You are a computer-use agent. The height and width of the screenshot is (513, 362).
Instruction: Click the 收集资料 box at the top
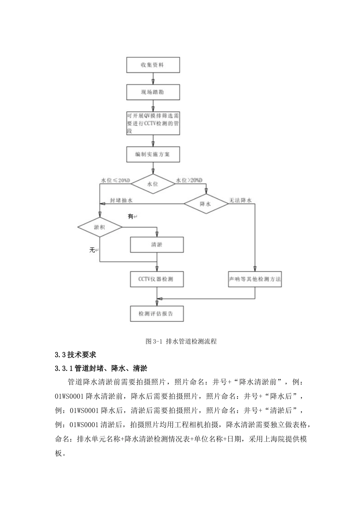coord(153,65)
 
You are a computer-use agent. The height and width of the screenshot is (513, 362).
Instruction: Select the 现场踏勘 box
coord(153,92)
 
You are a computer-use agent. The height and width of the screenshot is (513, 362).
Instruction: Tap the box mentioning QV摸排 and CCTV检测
coord(153,123)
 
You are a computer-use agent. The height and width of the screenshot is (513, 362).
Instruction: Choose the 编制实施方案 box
coord(153,155)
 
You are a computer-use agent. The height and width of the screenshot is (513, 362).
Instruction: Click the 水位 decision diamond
coord(153,184)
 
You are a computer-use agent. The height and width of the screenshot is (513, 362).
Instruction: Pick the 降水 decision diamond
coord(206,204)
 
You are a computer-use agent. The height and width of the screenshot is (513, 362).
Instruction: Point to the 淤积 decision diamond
coord(99,227)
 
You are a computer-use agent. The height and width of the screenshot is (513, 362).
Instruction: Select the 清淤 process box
coord(157,245)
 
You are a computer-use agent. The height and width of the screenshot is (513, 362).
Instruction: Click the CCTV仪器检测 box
coord(157,279)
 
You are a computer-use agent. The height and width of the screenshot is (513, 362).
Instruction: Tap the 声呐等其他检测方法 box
coord(255,279)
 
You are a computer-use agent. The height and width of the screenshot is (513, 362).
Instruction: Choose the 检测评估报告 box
coord(157,314)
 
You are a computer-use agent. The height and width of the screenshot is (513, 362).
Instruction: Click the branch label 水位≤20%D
coord(115,180)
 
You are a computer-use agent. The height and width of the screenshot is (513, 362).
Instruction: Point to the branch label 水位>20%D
coord(189,180)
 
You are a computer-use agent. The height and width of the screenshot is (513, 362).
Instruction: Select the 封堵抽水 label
coord(121,200)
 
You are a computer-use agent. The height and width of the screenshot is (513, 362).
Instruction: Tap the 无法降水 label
coord(240,200)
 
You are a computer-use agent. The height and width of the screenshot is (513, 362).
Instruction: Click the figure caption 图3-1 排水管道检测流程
coord(181,341)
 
